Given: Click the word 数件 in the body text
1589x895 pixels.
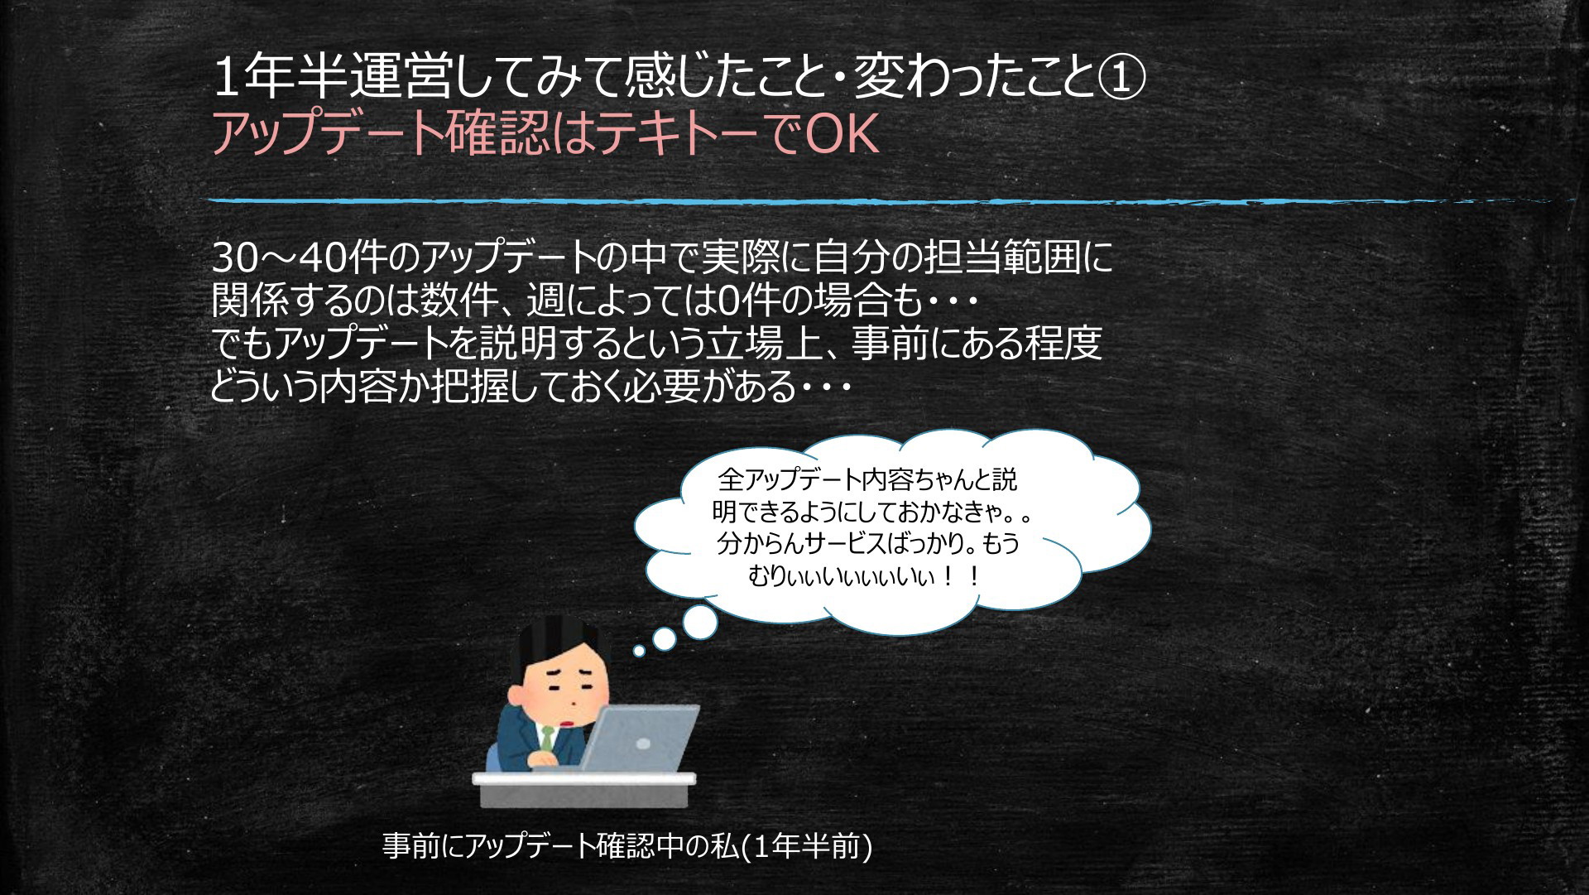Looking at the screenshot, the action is [x=457, y=301].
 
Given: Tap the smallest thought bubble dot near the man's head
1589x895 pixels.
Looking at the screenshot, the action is [x=639, y=652].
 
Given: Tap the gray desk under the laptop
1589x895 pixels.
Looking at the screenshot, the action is [x=584, y=790].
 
